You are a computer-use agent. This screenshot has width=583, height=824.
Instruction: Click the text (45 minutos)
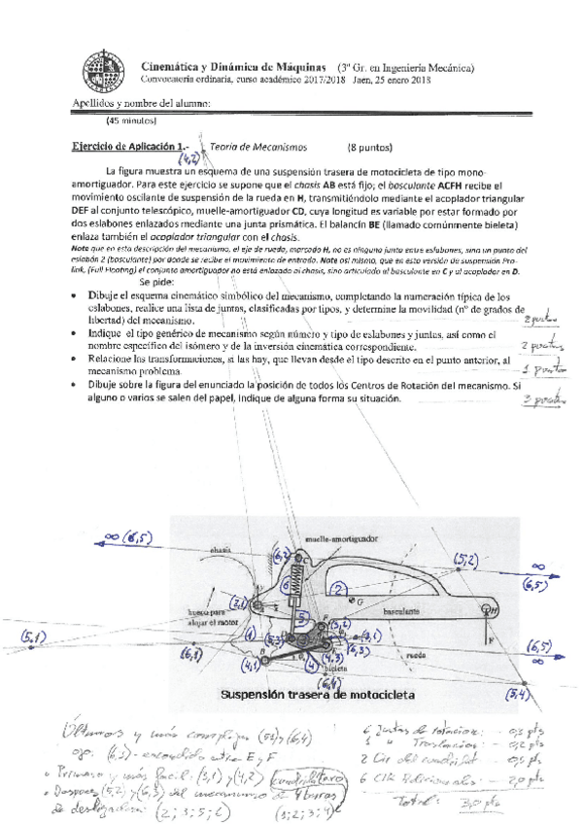point(131,120)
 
